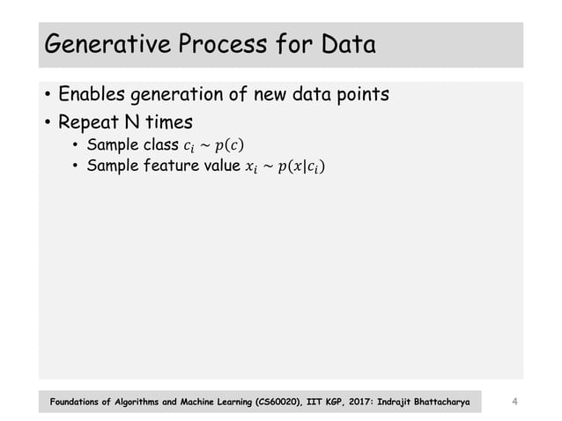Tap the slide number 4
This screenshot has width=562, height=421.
tap(514, 403)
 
